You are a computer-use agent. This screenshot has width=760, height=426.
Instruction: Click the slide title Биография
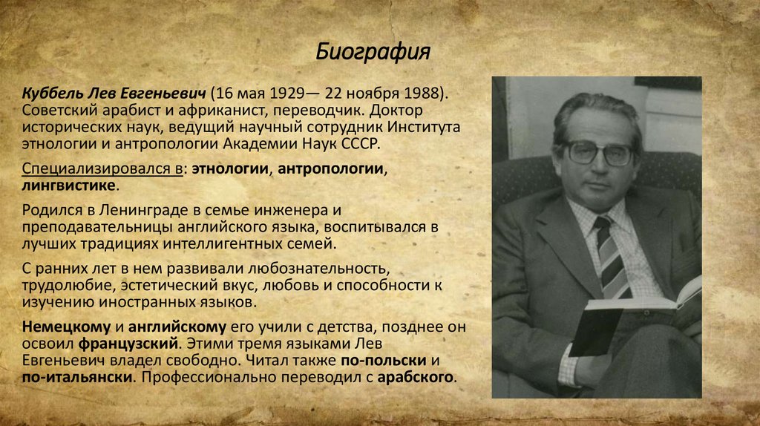[x=373, y=53]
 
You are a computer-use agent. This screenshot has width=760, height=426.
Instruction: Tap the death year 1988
[x=423, y=94]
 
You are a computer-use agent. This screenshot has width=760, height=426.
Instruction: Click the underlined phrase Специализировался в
[x=103, y=168]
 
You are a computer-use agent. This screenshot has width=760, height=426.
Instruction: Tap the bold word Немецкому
[x=65, y=327]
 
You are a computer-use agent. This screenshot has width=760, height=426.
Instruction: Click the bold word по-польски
[x=383, y=361]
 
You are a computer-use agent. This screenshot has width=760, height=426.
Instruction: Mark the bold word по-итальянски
[x=77, y=378]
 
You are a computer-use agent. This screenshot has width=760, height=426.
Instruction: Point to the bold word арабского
[x=415, y=378]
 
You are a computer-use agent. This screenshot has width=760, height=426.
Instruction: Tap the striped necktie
[x=614, y=257]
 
